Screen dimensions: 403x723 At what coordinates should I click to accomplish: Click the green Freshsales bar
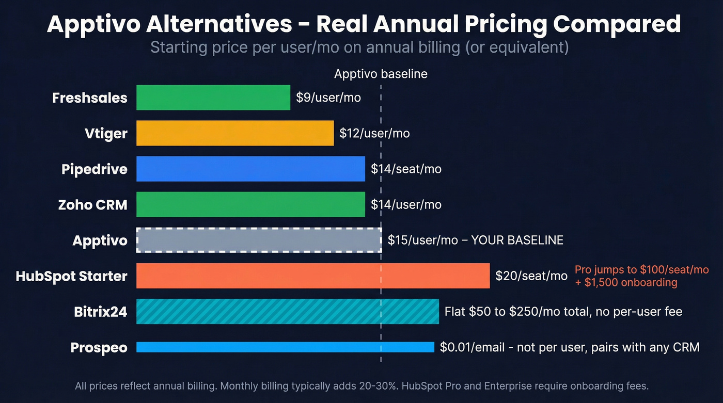pyautogui.click(x=213, y=98)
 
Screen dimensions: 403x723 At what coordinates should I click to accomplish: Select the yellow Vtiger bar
pyautogui.click(x=234, y=133)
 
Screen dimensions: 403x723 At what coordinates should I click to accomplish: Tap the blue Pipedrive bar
pyautogui.click(x=250, y=169)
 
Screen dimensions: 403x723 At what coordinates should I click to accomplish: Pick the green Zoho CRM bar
pyautogui.click(x=250, y=204)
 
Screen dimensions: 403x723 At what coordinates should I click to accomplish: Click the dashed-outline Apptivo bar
pyautogui.click(x=259, y=240)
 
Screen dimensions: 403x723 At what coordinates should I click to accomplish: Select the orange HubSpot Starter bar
pyautogui.click(x=312, y=276)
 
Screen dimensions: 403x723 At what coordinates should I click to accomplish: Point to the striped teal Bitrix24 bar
pyautogui.click(x=287, y=311)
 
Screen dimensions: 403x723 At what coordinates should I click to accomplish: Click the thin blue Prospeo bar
pyautogui.click(x=285, y=347)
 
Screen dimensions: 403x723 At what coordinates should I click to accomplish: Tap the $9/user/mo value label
pyautogui.click(x=328, y=98)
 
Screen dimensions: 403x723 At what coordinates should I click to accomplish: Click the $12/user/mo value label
pyautogui.click(x=374, y=133)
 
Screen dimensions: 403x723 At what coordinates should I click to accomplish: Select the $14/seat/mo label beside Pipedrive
pyautogui.click(x=406, y=169)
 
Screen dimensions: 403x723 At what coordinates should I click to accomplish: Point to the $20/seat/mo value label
pyautogui.click(x=531, y=276)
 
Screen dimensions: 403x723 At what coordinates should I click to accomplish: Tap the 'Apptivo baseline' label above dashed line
pyautogui.click(x=381, y=74)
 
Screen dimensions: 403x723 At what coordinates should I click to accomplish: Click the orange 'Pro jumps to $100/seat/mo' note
pyautogui.click(x=641, y=270)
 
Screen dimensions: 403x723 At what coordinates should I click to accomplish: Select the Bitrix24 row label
pyautogui.click(x=100, y=312)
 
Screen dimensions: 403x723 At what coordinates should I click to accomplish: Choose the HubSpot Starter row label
pyautogui.click(x=71, y=276)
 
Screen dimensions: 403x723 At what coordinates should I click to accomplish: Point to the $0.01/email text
pyautogui.click(x=472, y=347)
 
